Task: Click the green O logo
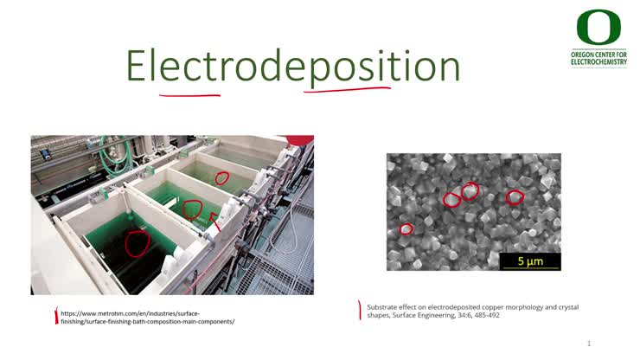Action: coord(598,29)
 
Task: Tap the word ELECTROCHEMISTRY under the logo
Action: coord(599,63)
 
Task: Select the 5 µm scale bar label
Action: coord(530,260)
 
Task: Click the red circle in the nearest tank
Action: coord(137,243)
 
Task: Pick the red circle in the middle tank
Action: coord(192,209)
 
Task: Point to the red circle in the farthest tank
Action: coord(221,178)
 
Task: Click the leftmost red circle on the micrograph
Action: coord(406,229)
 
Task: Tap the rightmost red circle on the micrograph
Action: coord(515,197)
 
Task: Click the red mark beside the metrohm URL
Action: coord(56,317)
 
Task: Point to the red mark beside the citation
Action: coord(359,310)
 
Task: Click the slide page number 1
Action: coord(589,344)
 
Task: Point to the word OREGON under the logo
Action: coord(585,53)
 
